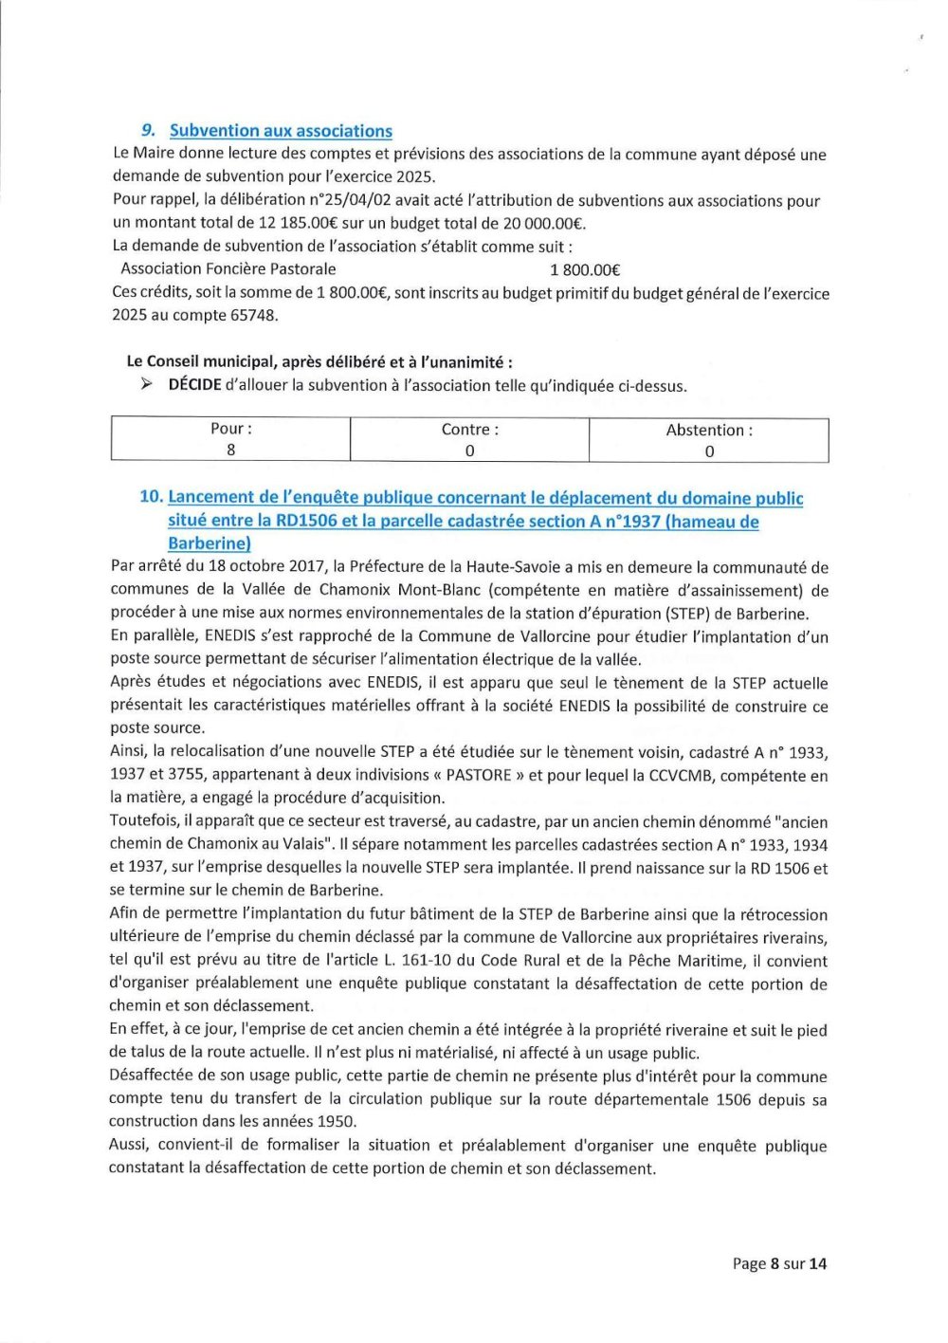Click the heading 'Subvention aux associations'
pyautogui.click(x=281, y=131)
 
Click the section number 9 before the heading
pyautogui.click(x=148, y=130)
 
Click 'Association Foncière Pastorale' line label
pyautogui.click(x=228, y=269)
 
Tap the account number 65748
pyautogui.click(x=253, y=315)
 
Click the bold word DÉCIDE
pyautogui.click(x=194, y=385)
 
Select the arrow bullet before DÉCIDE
pyautogui.click(x=146, y=384)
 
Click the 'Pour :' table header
pyautogui.click(x=231, y=429)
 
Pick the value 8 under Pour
pyautogui.click(x=231, y=450)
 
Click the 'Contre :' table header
pyautogui.click(x=470, y=430)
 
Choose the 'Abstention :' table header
pyautogui.click(x=709, y=431)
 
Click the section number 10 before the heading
pyautogui.click(x=151, y=497)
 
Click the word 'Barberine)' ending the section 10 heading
pyautogui.click(x=210, y=543)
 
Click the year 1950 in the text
pyautogui.click(x=336, y=1121)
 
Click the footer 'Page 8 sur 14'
pyautogui.click(x=779, y=1263)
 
